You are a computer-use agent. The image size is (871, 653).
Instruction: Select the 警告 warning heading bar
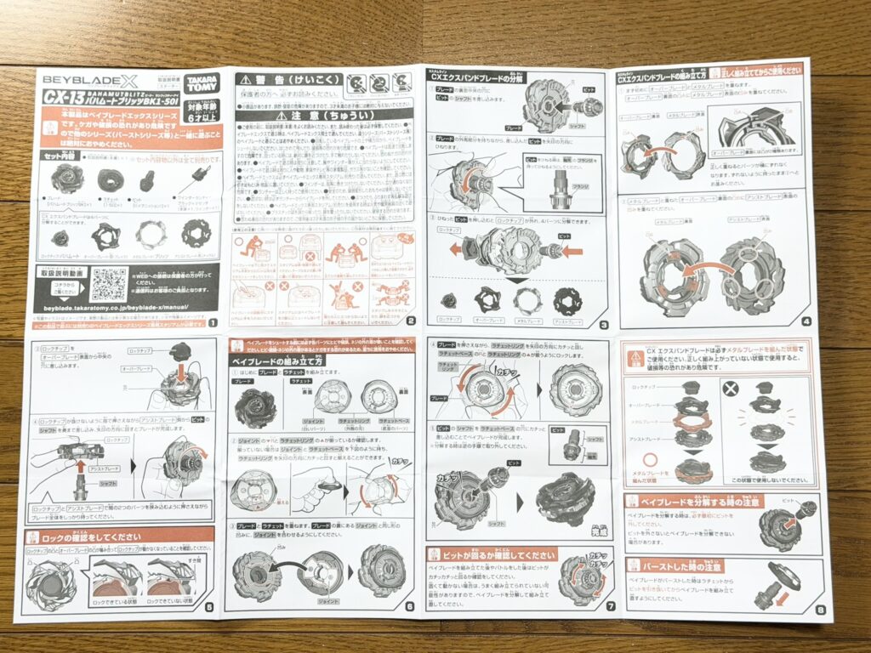coord(287,79)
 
